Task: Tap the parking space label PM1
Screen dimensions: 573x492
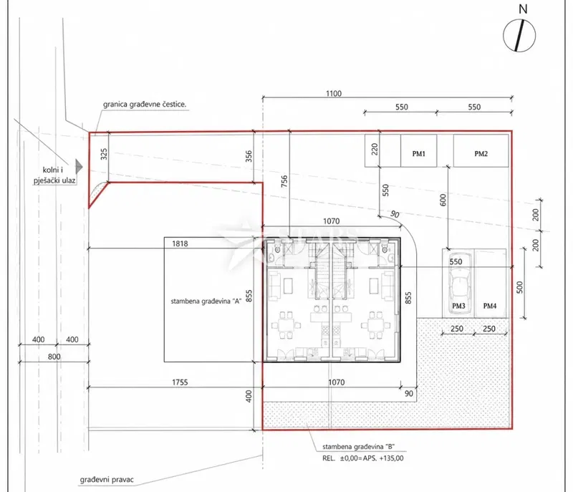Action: (x=419, y=154)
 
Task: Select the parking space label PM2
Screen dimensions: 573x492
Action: (x=481, y=154)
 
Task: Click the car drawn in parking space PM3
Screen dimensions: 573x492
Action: (x=458, y=281)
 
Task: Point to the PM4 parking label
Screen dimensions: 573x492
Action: (x=490, y=306)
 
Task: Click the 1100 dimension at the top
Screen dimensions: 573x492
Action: (x=334, y=94)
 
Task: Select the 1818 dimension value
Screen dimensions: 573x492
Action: (x=180, y=243)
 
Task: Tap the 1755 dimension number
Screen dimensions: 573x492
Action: (x=180, y=382)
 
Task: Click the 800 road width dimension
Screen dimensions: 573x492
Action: (x=54, y=357)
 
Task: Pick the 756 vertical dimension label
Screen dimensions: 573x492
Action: (x=284, y=181)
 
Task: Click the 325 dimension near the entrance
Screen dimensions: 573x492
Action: (x=104, y=154)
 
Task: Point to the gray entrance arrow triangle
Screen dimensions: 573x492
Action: (x=79, y=167)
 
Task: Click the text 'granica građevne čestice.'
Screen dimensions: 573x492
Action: (x=145, y=104)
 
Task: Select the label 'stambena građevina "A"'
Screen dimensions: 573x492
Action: (x=206, y=302)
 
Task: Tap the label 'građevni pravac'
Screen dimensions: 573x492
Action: (x=107, y=480)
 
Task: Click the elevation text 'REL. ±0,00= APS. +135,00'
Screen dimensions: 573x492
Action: (x=363, y=458)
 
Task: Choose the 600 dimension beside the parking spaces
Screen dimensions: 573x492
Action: (x=443, y=200)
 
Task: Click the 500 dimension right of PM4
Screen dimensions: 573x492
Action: (x=520, y=287)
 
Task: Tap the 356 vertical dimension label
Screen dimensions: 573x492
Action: (x=249, y=156)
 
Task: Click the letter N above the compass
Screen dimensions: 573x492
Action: (x=524, y=9)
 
